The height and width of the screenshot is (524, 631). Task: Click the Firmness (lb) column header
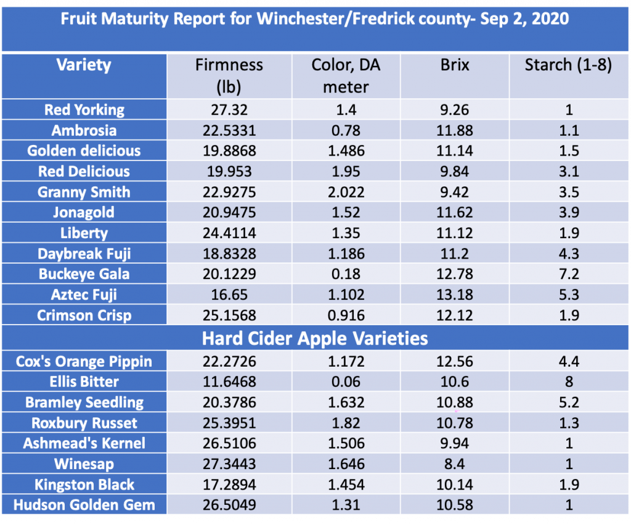(x=229, y=75)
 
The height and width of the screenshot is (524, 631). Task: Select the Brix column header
(x=455, y=65)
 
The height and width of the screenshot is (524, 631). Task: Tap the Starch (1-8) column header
(x=568, y=65)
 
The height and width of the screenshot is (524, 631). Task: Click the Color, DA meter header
(x=346, y=75)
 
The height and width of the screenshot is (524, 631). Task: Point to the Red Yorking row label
(x=84, y=110)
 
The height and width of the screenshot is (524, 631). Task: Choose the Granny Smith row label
(x=84, y=192)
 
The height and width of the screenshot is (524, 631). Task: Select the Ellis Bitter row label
(x=84, y=382)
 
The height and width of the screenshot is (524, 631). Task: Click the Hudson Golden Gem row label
(x=84, y=505)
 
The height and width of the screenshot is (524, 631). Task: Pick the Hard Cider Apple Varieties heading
(x=315, y=338)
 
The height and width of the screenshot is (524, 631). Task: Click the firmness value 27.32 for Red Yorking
(x=229, y=110)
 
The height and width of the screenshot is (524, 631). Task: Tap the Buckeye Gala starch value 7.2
(x=568, y=274)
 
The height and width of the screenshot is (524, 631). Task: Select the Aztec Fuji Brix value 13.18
(x=455, y=295)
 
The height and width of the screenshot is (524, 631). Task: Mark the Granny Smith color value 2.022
(x=346, y=192)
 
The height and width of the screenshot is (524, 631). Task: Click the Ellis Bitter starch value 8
(x=568, y=382)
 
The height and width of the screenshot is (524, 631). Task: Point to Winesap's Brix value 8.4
(x=455, y=464)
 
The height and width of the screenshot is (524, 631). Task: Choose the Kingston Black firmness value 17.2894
(x=229, y=485)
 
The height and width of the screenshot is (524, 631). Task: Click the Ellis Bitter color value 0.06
(x=346, y=382)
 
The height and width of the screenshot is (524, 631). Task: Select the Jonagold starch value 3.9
(x=568, y=212)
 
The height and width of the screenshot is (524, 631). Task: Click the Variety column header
(x=84, y=65)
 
